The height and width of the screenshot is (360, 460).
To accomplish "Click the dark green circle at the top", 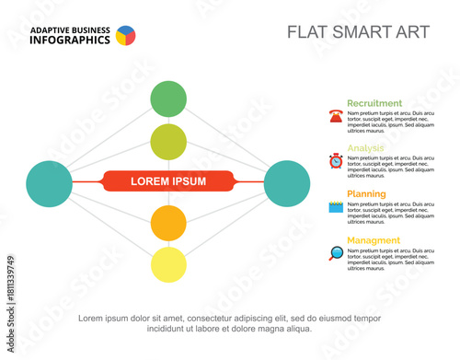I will [x=168, y=99].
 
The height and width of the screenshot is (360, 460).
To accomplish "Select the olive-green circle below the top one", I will [x=168, y=141].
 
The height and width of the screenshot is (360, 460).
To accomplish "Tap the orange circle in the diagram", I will [x=168, y=223].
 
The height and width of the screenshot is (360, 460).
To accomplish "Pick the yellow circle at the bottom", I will [x=168, y=264].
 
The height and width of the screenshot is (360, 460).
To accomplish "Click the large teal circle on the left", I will [x=49, y=182].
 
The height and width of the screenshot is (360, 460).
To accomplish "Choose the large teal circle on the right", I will [x=287, y=182].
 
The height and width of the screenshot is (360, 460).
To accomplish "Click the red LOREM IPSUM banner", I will [x=168, y=181].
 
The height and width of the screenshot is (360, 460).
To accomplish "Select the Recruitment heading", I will [x=374, y=103].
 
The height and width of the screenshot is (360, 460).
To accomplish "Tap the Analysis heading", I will [x=366, y=148].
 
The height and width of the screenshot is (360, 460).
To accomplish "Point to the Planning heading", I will [x=366, y=194].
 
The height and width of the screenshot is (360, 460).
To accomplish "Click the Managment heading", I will [x=373, y=240].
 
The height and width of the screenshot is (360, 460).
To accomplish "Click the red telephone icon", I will [x=335, y=116].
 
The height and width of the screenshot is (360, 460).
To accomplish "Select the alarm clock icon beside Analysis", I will [x=335, y=161].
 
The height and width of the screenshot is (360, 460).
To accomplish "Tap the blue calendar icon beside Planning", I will [x=335, y=208].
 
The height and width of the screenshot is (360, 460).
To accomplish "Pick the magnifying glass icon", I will [x=335, y=253].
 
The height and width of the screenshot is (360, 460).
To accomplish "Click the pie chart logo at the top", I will [x=125, y=36].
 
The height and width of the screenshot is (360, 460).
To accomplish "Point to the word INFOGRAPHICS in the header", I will [x=70, y=41].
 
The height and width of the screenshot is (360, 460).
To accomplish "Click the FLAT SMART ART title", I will [x=358, y=32].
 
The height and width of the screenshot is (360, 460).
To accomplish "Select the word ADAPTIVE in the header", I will [x=52, y=30].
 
